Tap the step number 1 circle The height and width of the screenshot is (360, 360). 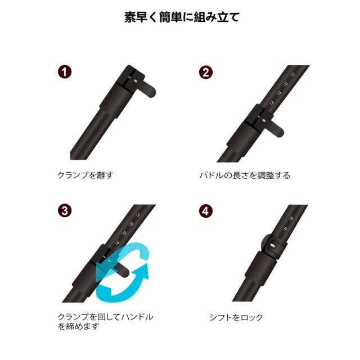point(65,73)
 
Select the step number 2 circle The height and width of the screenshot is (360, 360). point(206,73)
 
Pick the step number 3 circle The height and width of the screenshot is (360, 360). point(65,211)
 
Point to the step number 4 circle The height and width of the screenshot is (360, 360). point(206,211)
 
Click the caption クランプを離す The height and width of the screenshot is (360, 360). point(85,175)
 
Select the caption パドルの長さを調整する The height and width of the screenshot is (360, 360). point(245,175)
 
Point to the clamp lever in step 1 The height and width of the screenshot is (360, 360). point(147,88)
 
